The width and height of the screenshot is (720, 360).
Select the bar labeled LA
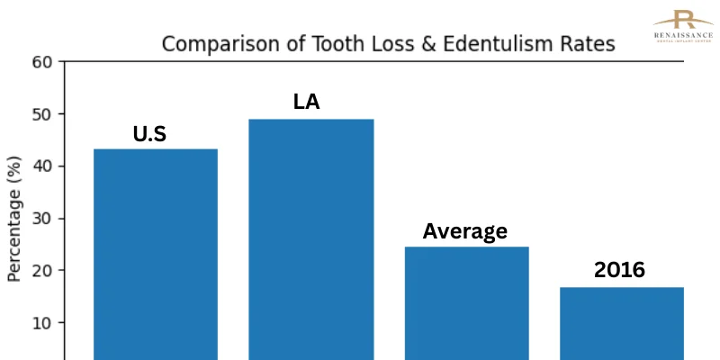tap(310, 238)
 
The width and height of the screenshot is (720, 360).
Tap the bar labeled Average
tap(465, 302)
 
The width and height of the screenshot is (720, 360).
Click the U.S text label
tap(149, 135)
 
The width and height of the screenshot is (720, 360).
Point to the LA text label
tap(307, 102)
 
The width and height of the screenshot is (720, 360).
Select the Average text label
tap(464, 231)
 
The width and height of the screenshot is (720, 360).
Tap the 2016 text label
tap(619, 269)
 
